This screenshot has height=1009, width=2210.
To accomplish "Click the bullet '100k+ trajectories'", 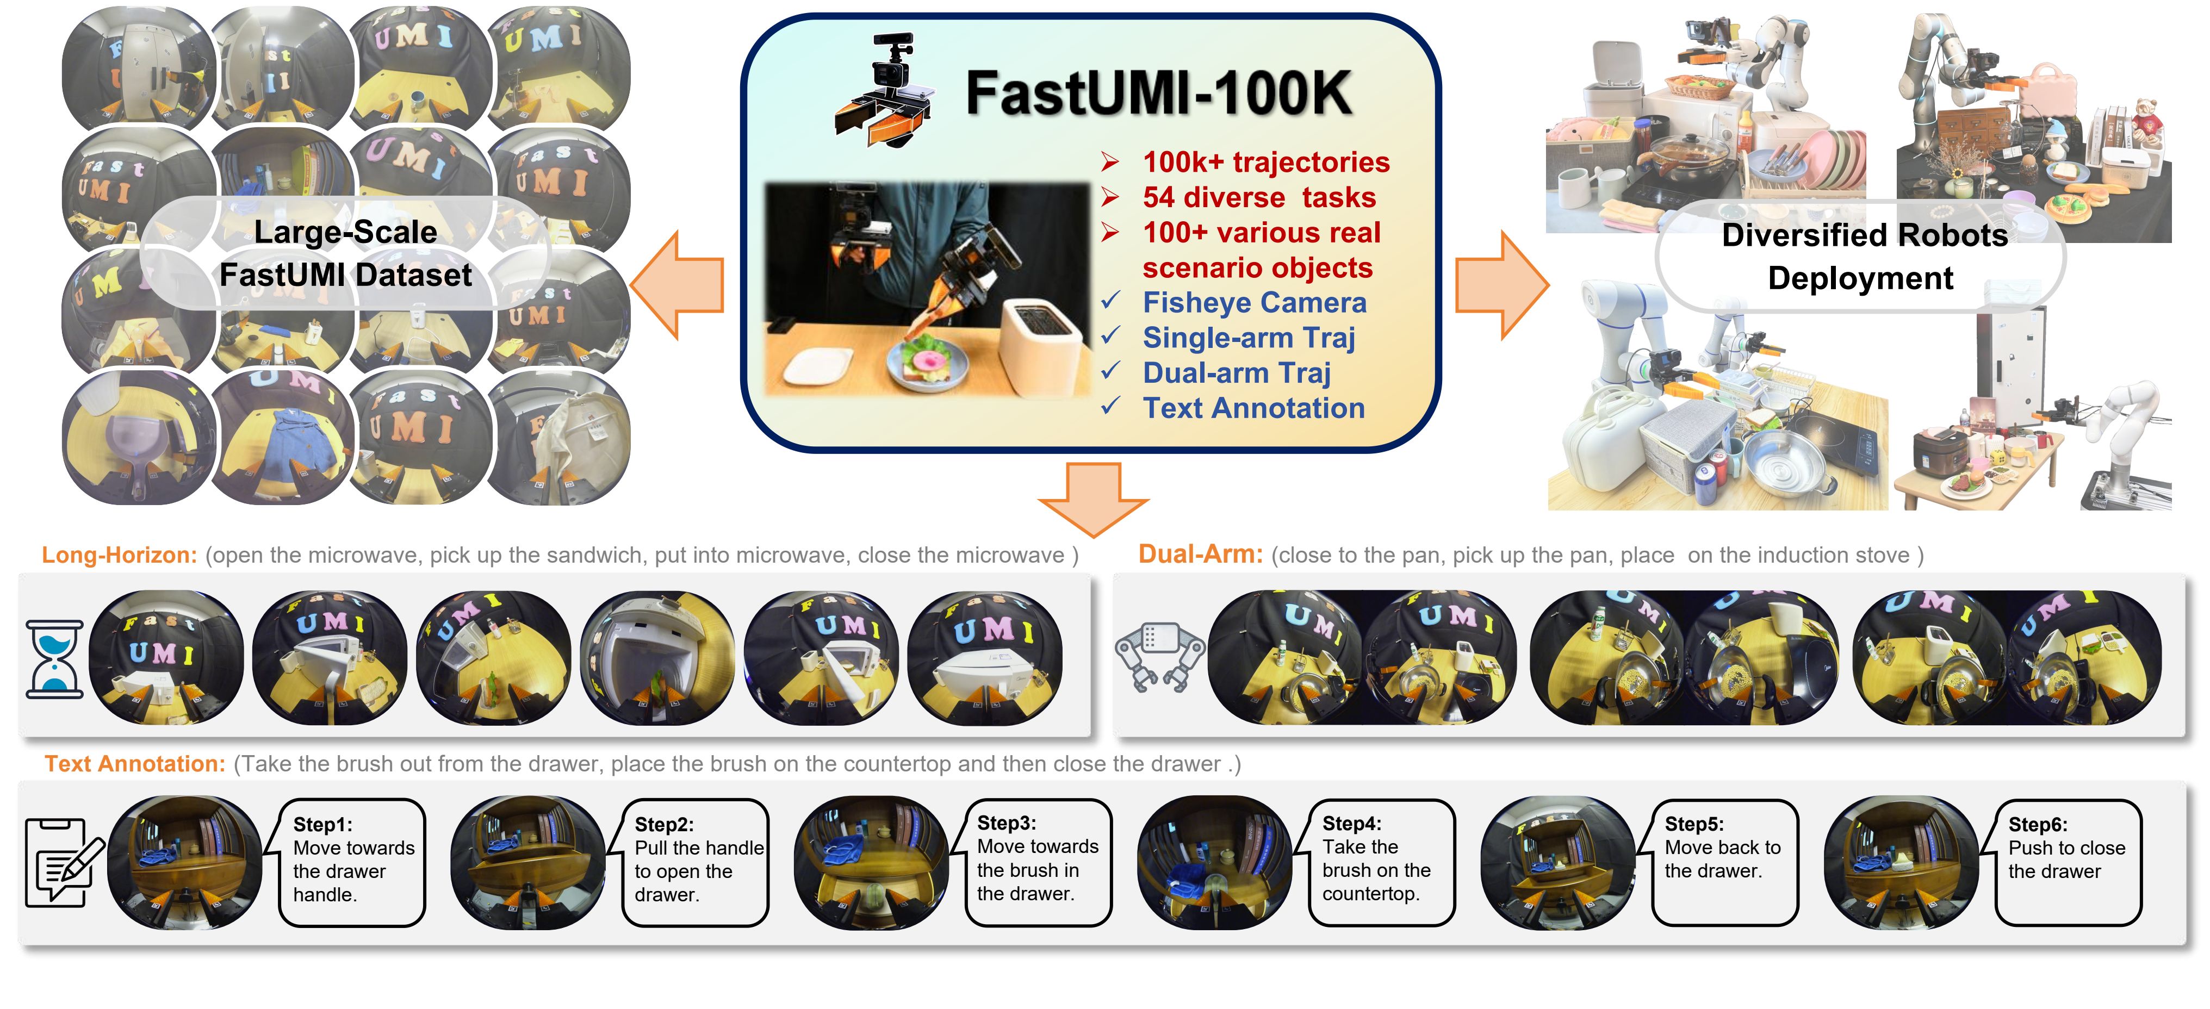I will point(1265,162).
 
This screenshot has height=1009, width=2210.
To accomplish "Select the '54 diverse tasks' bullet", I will point(1258,197).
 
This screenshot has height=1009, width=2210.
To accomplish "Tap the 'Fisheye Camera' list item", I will point(1255,303).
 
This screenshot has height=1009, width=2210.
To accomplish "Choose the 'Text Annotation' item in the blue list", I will point(1252,408).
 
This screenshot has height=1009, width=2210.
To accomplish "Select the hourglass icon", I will point(54,659).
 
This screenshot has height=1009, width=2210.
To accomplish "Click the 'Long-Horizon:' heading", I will point(119,555).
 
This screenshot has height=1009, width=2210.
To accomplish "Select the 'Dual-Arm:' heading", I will point(1200,555).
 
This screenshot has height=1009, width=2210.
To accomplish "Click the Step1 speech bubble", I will point(352,862).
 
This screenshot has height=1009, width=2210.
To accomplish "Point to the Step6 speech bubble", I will point(2067,862).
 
